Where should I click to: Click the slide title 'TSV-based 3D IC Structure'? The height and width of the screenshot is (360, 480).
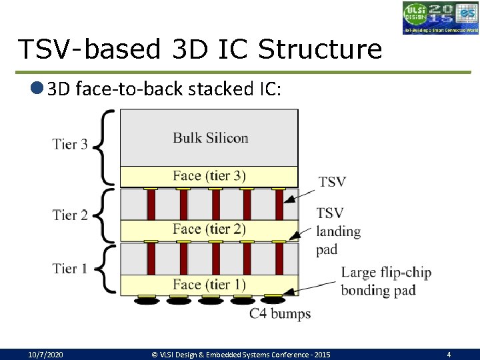tap(200, 49)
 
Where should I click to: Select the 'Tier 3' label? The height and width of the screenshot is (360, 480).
tap(70, 144)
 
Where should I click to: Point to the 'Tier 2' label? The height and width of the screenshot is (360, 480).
tap(70, 215)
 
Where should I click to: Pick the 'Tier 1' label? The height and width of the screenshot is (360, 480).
tap(70, 269)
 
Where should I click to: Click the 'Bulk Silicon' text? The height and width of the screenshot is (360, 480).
tap(210, 138)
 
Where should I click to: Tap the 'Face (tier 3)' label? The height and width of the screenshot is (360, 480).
tap(209, 176)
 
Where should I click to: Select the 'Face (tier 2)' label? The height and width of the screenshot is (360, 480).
tap(209, 229)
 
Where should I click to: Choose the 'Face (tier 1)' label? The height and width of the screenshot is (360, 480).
tap(209, 285)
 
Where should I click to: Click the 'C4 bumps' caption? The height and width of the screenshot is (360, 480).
tap(279, 313)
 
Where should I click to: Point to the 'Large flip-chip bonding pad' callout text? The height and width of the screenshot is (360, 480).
tap(386, 281)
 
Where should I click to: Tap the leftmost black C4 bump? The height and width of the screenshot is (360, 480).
tap(147, 301)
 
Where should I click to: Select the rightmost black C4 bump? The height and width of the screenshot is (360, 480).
tap(273, 301)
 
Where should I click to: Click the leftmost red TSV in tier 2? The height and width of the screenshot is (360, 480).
tap(151, 204)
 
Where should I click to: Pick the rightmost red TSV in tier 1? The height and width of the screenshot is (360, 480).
tap(279, 259)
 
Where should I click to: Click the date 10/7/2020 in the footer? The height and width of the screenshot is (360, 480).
tap(45, 355)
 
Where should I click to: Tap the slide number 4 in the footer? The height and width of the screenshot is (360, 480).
tap(449, 355)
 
